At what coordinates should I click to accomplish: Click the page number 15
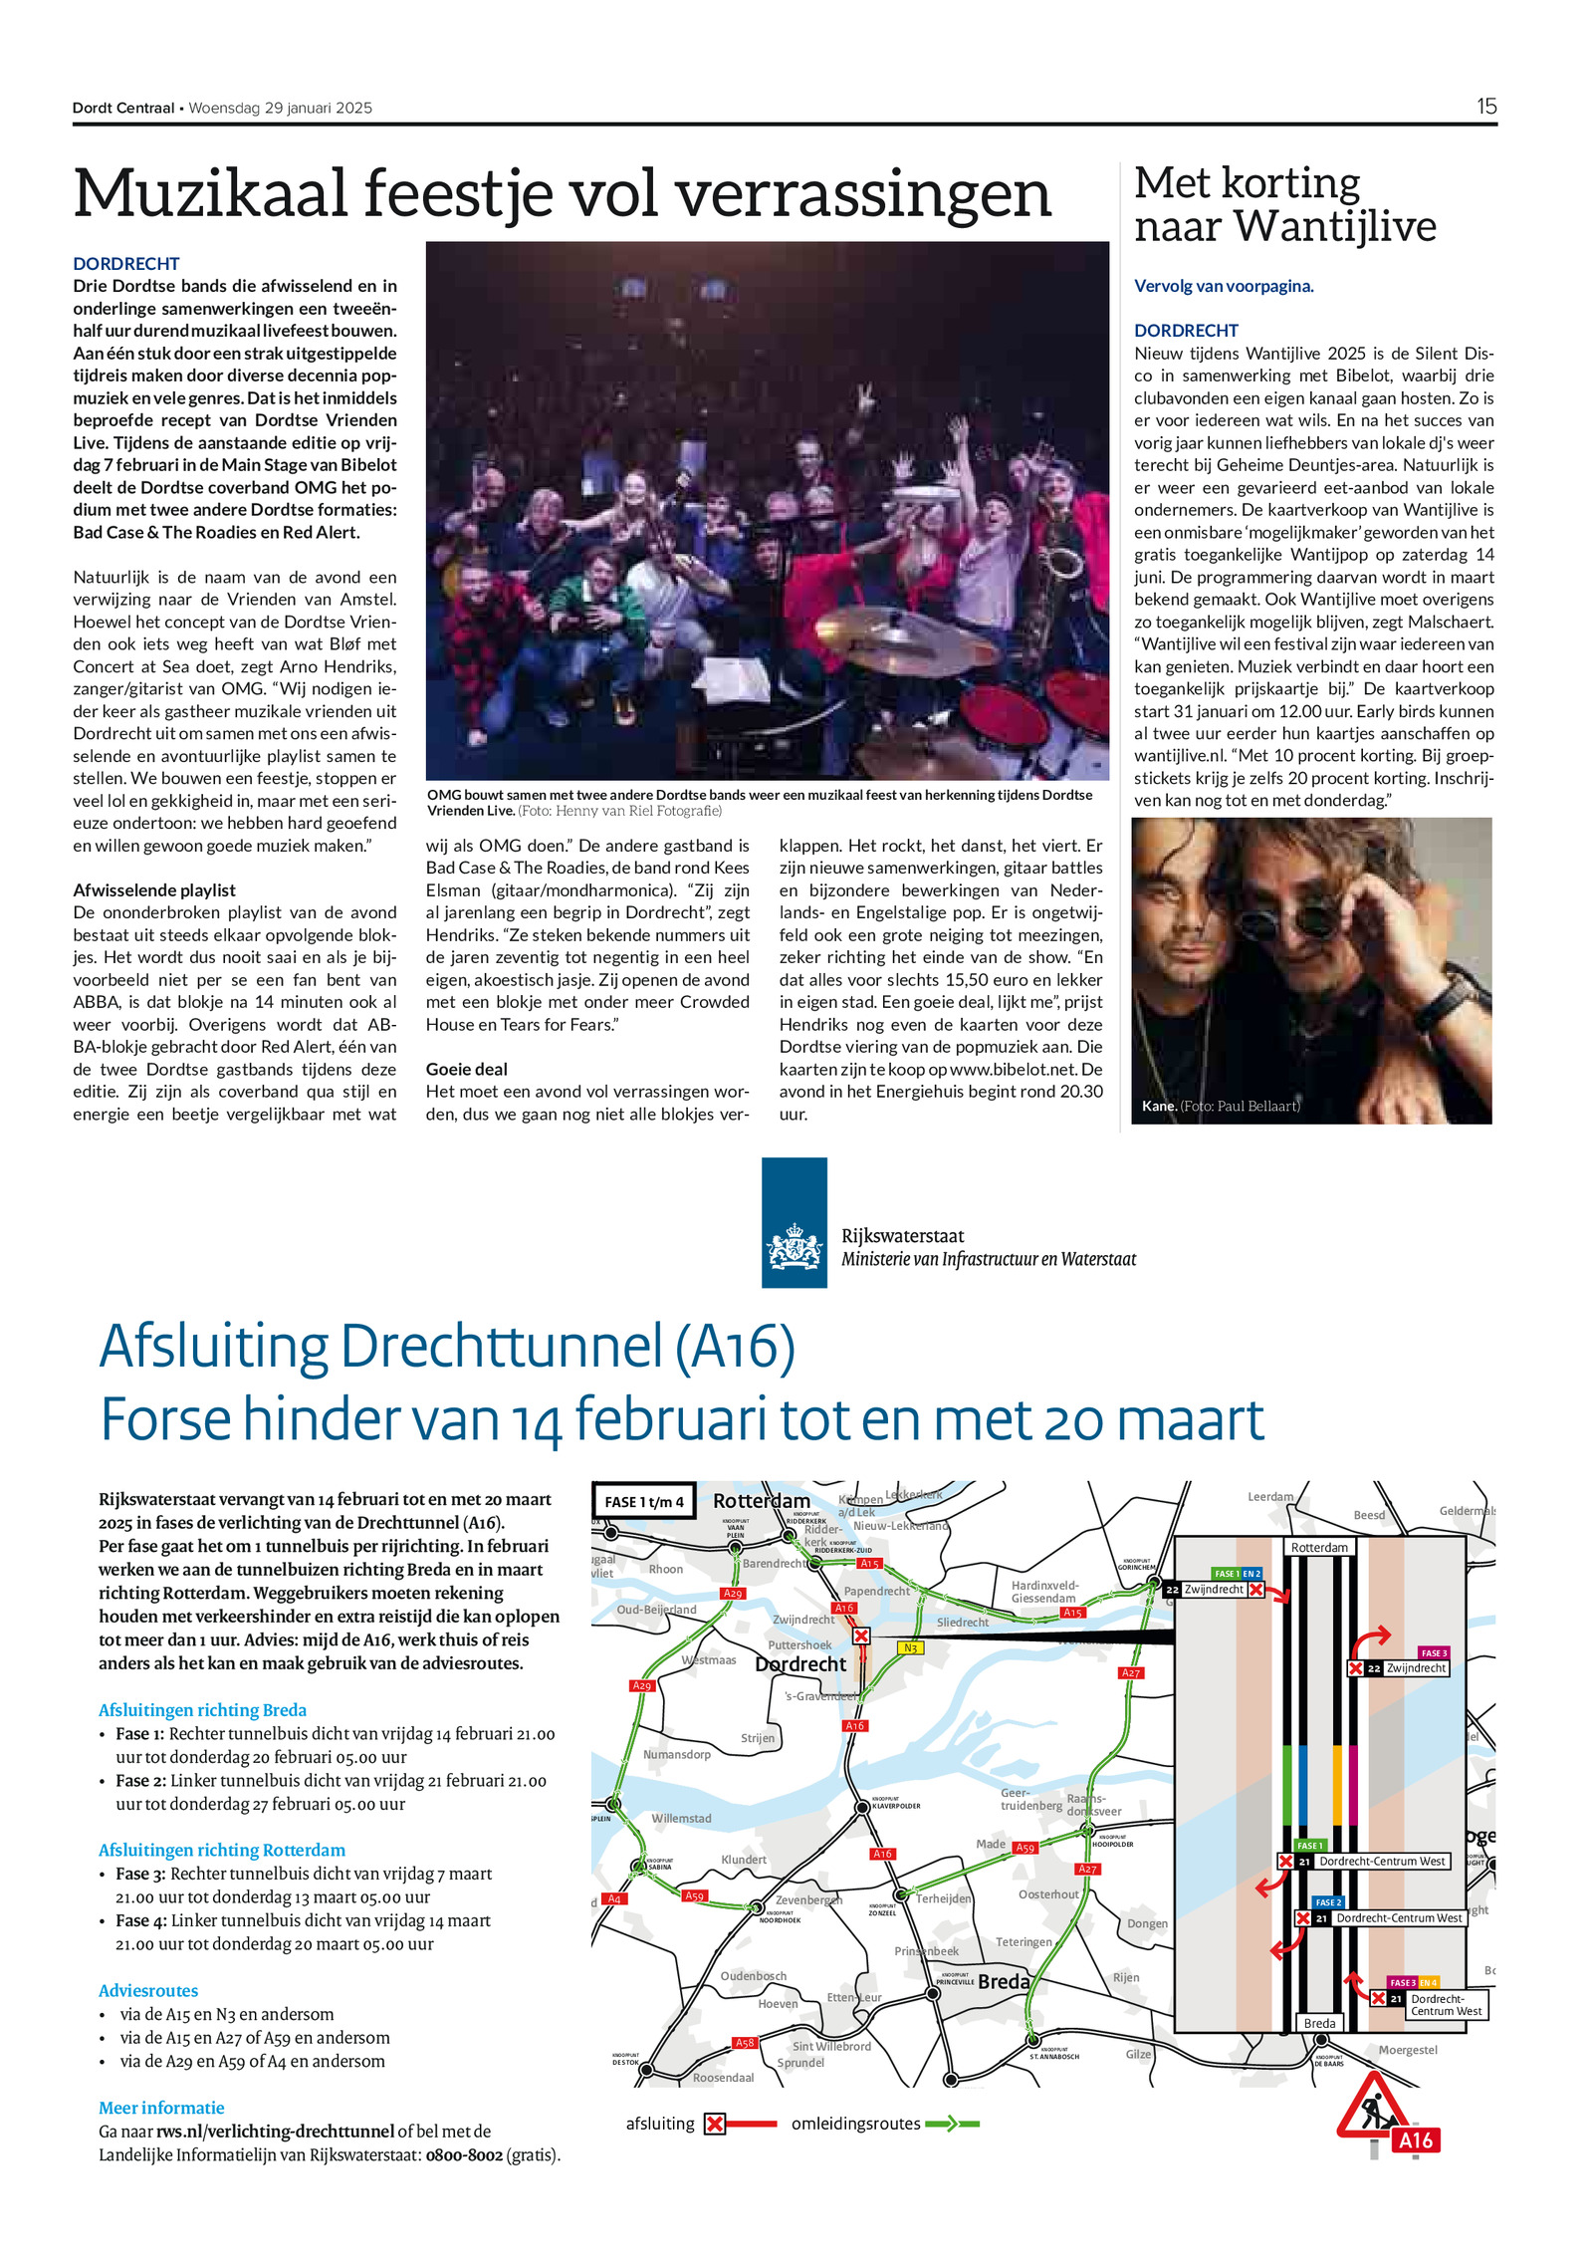(x=1485, y=107)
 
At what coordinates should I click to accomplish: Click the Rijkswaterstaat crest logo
(x=794, y=1221)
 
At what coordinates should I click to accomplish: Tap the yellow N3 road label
(x=909, y=1647)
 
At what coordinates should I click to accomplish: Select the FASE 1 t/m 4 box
(x=644, y=1502)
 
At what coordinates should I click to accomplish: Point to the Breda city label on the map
(x=1003, y=1981)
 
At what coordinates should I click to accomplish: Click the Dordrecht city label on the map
(x=800, y=1664)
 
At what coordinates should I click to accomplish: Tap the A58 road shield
(x=745, y=2042)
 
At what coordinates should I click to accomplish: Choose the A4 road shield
(x=614, y=1898)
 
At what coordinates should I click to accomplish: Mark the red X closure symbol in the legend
(x=714, y=2124)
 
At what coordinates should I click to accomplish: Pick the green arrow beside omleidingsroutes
(x=950, y=2124)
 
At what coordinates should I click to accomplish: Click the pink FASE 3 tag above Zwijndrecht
(x=1434, y=1653)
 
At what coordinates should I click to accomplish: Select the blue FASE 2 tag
(x=1327, y=1901)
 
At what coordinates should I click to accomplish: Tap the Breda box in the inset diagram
(x=1319, y=2023)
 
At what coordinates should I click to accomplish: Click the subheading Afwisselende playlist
(x=154, y=890)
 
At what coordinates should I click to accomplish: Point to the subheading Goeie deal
(x=466, y=1069)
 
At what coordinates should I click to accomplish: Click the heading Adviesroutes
(x=148, y=1990)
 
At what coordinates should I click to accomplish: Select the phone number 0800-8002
(x=464, y=2154)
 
